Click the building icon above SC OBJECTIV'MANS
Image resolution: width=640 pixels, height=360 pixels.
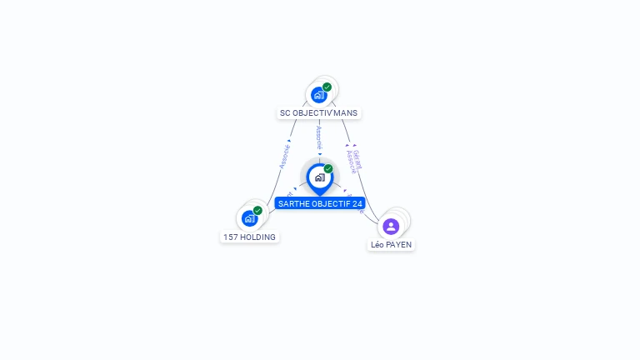pyautogui.click(x=318, y=95)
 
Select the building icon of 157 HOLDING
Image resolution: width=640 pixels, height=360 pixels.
pyautogui.click(x=249, y=218)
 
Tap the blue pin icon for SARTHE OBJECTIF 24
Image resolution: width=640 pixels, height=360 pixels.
pyautogui.click(x=319, y=177)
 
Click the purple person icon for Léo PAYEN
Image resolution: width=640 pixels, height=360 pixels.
pyautogui.click(x=391, y=226)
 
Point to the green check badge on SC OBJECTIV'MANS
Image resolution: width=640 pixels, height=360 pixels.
pyautogui.click(x=327, y=87)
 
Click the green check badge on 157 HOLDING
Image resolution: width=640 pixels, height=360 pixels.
pyautogui.click(x=257, y=211)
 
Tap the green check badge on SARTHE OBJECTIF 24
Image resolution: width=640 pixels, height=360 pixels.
pyautogui.click(x=328, y=169)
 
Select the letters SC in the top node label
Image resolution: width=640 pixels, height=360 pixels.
pyautogui.click(x=285, y=112)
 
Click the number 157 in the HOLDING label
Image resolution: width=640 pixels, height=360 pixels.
pyautogui.click(x=230, y=237)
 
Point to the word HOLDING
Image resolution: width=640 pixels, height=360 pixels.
pyautogui.click(x=257, y=237)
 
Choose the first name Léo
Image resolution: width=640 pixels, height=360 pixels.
pyautogui.click(x=377, y=245)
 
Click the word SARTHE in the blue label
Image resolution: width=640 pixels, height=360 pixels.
pyautogui.click(x=292, y=203)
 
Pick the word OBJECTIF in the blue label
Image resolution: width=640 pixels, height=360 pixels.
pyautogui.click(x=330, y=203)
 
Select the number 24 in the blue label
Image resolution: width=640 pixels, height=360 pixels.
pyautogui.click(x=357, y=203)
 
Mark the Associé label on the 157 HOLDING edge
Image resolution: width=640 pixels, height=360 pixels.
pyautogui.click(x=284, y=156)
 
